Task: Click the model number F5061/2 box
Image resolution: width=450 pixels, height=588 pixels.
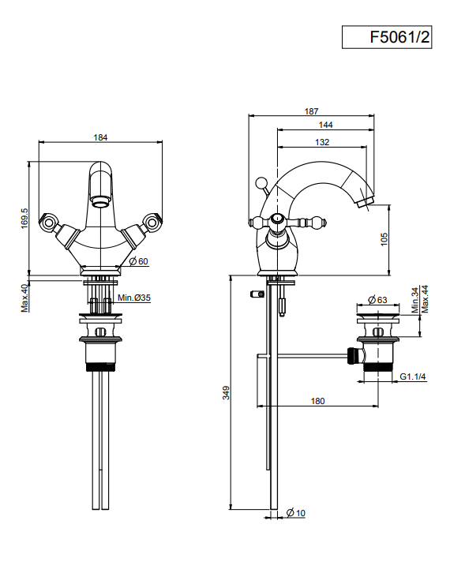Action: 387,37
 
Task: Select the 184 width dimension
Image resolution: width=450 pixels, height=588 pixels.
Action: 100,137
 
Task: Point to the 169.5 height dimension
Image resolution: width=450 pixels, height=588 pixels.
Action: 24,219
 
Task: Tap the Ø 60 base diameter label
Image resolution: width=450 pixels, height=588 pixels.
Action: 139,261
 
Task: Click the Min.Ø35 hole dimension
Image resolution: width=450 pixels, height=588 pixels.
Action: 134,298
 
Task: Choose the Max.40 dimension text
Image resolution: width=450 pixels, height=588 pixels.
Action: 24,298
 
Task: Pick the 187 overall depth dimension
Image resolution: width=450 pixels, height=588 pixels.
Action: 311,111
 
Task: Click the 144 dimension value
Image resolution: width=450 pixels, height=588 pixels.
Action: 325,125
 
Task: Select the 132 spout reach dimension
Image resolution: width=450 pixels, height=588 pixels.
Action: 322,142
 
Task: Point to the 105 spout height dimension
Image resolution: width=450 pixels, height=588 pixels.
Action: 384,239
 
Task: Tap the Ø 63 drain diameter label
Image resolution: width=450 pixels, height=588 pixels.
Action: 377,300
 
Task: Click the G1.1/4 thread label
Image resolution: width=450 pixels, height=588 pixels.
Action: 412,376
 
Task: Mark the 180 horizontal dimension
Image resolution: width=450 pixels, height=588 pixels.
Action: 317,401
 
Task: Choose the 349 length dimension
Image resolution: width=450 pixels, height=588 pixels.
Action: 226,392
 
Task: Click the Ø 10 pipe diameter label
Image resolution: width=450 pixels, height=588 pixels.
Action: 296,513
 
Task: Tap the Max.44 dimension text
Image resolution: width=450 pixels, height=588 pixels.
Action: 425,299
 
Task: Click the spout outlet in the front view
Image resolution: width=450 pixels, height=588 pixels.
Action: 100,203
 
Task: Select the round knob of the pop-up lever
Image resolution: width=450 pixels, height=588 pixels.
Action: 260,183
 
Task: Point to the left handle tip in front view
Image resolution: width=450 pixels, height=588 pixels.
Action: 47,222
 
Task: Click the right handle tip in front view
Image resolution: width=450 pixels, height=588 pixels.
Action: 153,222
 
